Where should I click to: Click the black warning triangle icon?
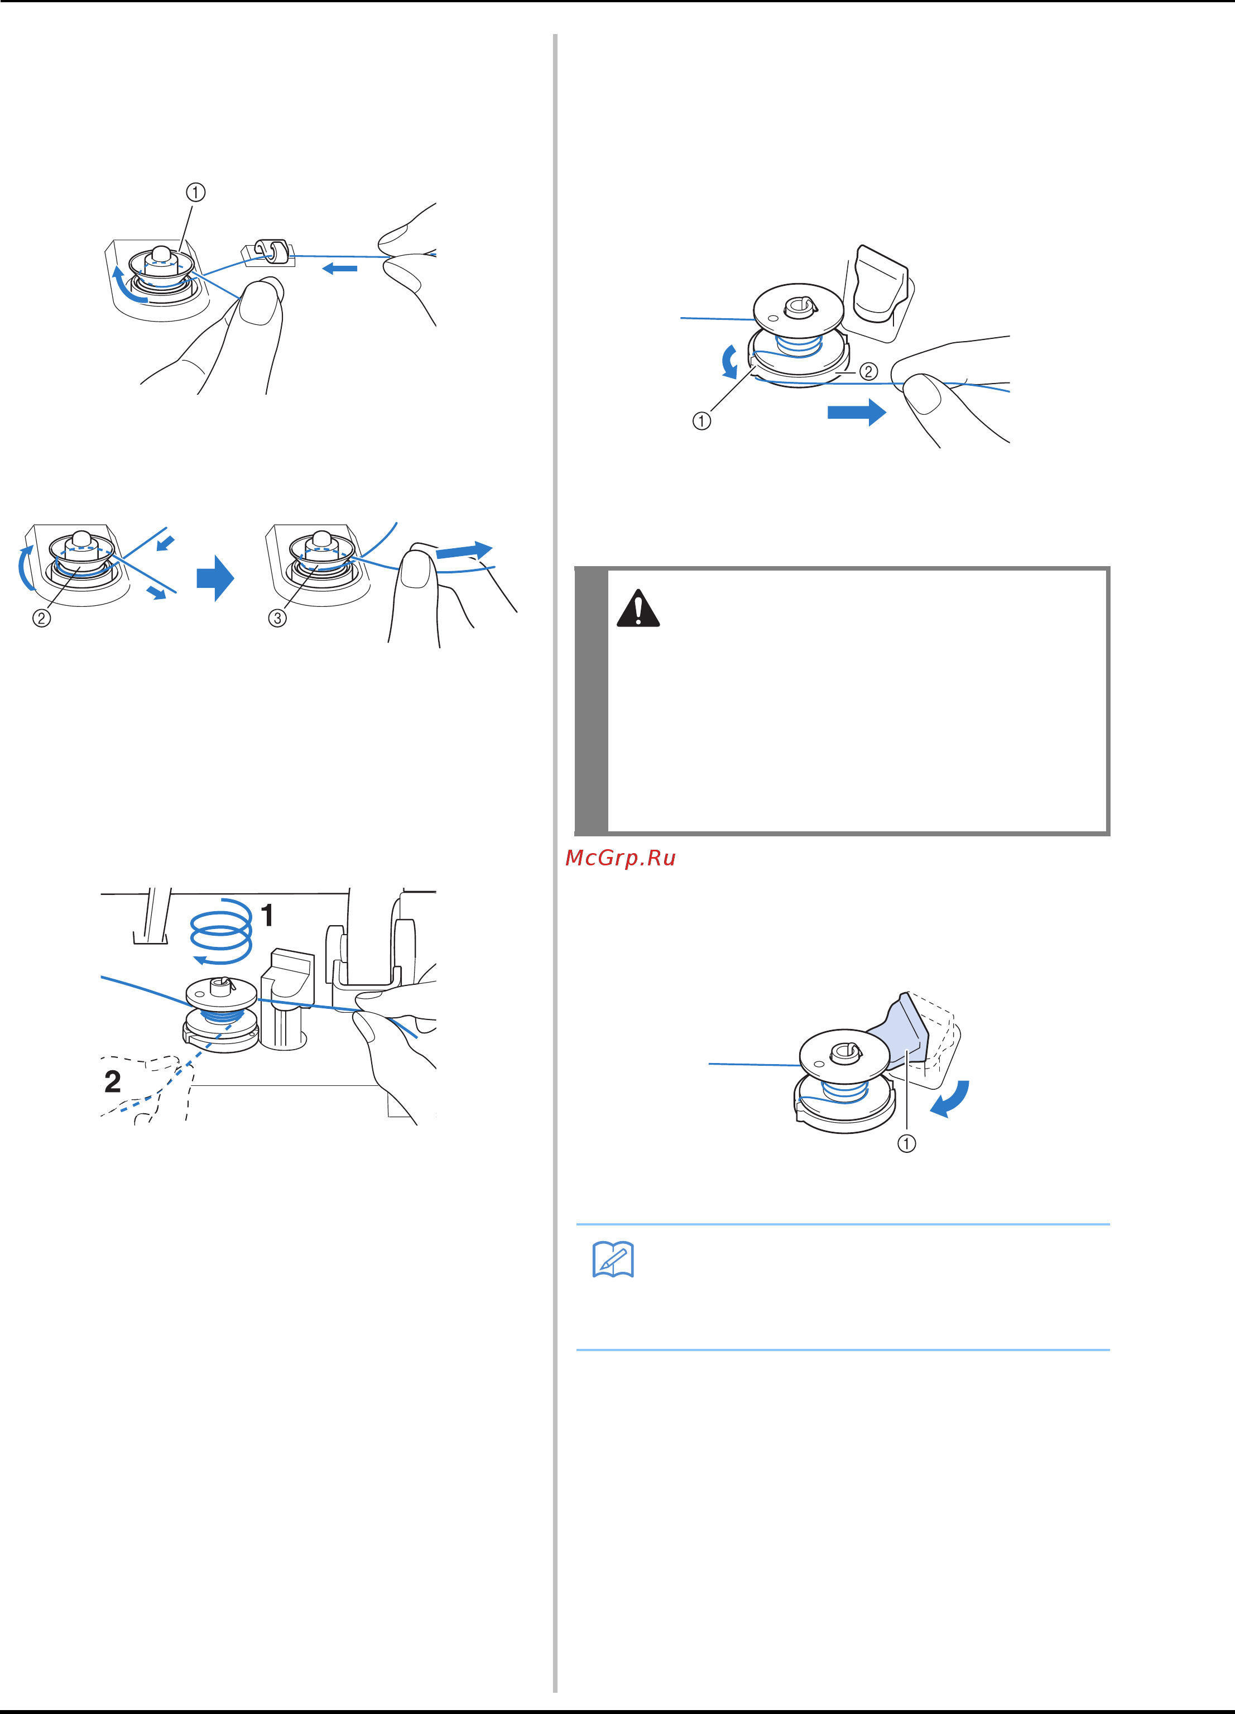pyautogui.click(x=638, y=609)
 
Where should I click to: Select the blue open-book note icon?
pyautogui.click(x=613, y=1260)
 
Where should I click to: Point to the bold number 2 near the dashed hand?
pyautogui.click(x=113, y=1081)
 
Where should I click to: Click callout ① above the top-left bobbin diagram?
pyautogui.click(x=196, y=193)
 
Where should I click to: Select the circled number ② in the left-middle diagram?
pyautogui.click(x=41, y=618)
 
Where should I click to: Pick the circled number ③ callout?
pyautogui.click(x=277, y=618)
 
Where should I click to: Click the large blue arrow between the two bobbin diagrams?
pyautogui.click(x=215, y=578)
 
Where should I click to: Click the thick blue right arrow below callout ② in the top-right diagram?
pyautogui.click(x=857, y=412)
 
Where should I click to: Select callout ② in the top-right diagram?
pyautogui.click(x=869, y=371)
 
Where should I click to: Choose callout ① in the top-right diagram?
pyautogui.click(x=701, y=421)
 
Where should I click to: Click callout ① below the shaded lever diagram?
pyautogui.click(x=906, y=1143)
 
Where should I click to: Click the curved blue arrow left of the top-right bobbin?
pyautogui.click(x=728, y=362)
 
